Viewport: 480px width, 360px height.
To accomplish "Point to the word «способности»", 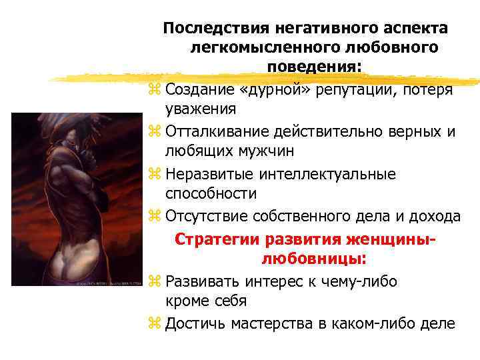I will (x=211, y=193).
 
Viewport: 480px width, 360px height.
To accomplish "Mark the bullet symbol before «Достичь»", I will (x=155, y=325).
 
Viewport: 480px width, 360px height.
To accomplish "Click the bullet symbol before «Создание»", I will (x=155, y=89).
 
